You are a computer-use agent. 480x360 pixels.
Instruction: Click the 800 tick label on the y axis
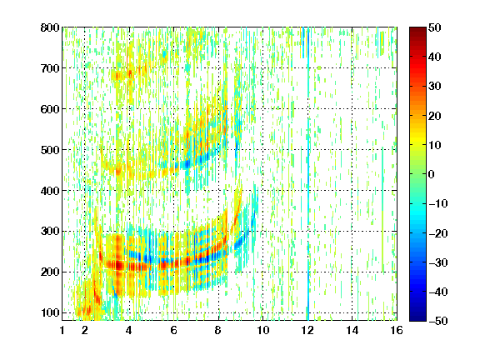[x=50, y=27]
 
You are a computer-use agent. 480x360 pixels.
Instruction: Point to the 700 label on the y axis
[x=50, y=68]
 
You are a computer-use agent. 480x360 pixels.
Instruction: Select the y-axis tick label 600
[x=50, y=109]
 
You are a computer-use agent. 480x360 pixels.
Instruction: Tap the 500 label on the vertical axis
[x=50, y=150]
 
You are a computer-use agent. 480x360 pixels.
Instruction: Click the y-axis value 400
[x=50, y=191]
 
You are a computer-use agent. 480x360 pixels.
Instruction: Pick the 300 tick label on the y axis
[x=50, y=232]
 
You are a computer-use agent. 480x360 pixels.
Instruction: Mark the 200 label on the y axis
[x=50, y=272]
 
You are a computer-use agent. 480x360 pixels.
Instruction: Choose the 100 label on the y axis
[x=50, y=312]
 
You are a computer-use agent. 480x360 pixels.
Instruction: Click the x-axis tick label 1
[x=62, y=330]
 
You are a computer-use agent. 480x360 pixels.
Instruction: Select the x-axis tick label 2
[x=85, y=330]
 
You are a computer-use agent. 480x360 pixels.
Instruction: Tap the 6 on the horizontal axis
[x=173, y=330]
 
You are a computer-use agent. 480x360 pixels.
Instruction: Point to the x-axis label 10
[x=262, y=330]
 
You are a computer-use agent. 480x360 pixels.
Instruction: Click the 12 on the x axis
[x=307, y=330]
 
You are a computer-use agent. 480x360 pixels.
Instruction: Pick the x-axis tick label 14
[x=352, y=330]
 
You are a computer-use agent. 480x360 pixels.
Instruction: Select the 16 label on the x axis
[x=397, y=330]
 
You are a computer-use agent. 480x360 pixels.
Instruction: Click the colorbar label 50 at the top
[x=434, y=27]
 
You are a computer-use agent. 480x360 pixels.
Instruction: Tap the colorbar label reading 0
[x=432, y=174]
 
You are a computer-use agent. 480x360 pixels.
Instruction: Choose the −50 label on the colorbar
[x=438, y=321]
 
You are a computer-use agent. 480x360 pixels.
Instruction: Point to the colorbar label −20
[x=438, y=233]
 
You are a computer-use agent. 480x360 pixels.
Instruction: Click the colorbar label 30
[x=434, y=87]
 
